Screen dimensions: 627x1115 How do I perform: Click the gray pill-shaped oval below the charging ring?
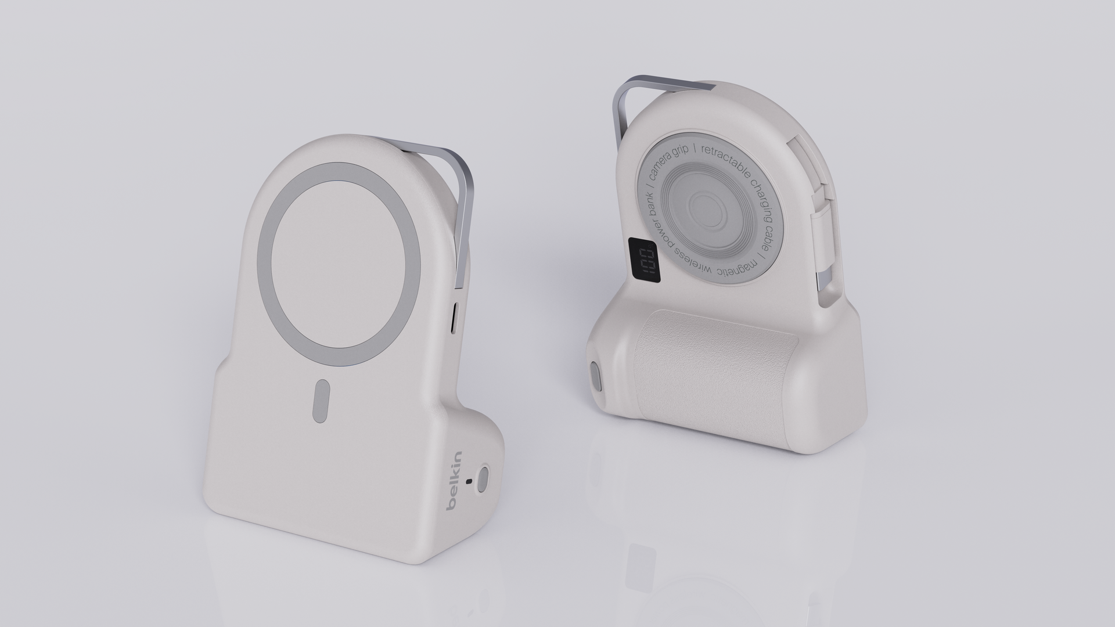321,401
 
